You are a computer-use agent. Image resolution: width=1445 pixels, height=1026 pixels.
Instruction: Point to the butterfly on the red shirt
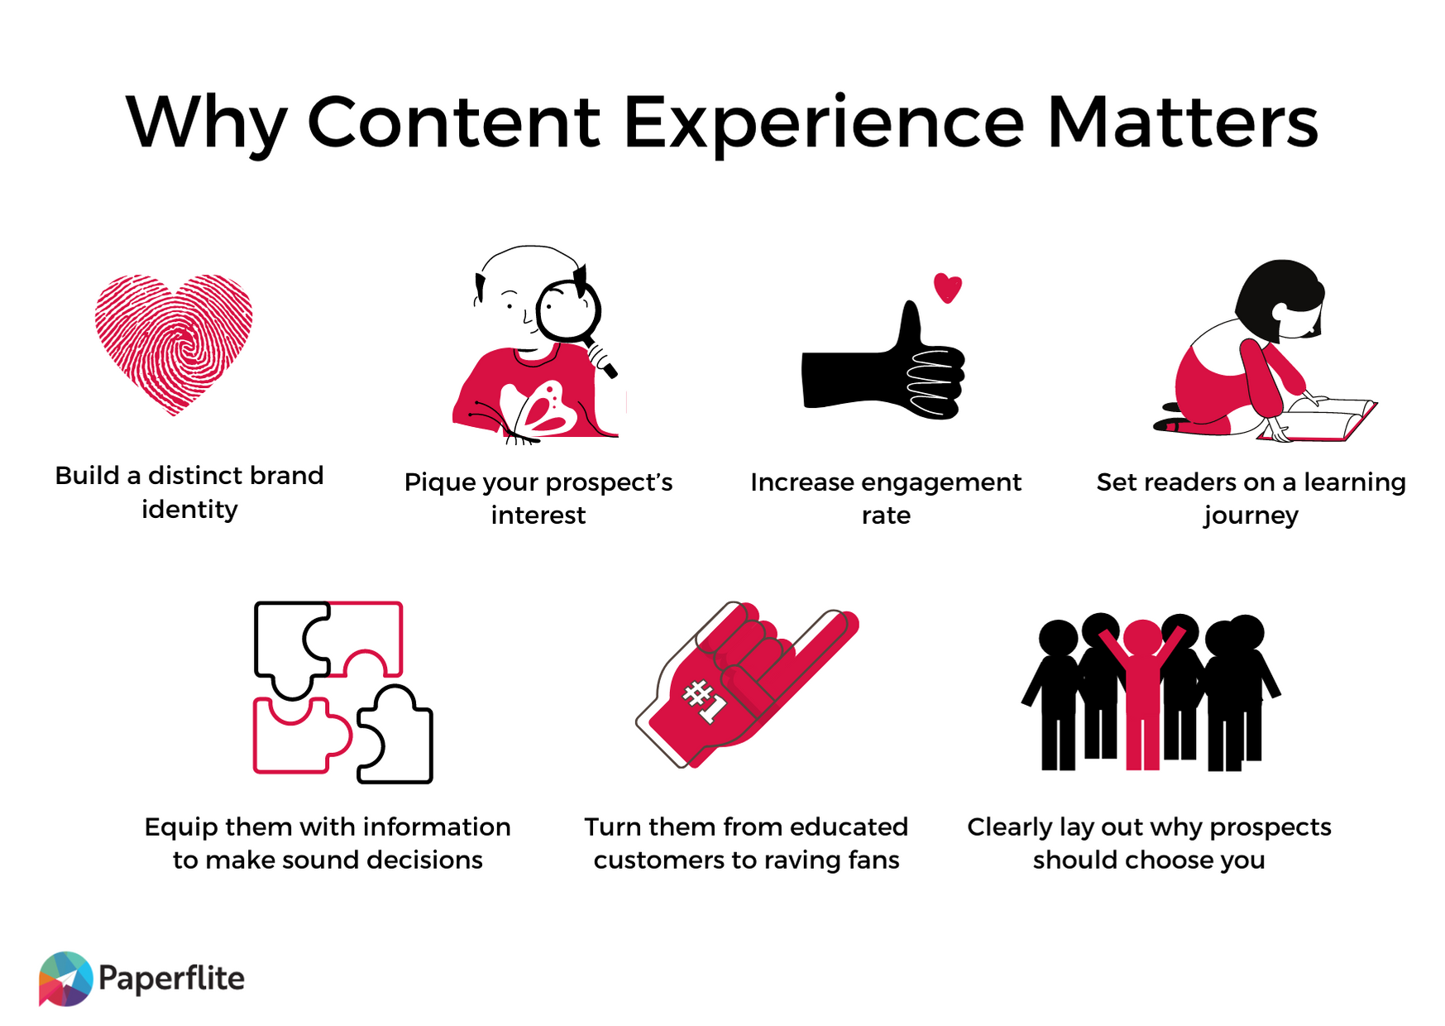[542, 410]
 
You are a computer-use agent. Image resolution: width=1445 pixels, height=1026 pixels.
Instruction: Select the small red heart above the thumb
[947, 287]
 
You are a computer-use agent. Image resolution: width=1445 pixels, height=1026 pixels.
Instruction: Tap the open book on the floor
[1323, 418]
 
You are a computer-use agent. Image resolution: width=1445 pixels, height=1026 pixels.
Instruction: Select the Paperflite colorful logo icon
[65, 978]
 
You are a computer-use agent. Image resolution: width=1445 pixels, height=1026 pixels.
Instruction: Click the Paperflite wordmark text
[171, 978]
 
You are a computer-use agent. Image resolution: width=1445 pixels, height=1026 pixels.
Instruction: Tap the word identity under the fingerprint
[189, 510]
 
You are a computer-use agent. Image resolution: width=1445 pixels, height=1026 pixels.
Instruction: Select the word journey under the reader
[1250, 515]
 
